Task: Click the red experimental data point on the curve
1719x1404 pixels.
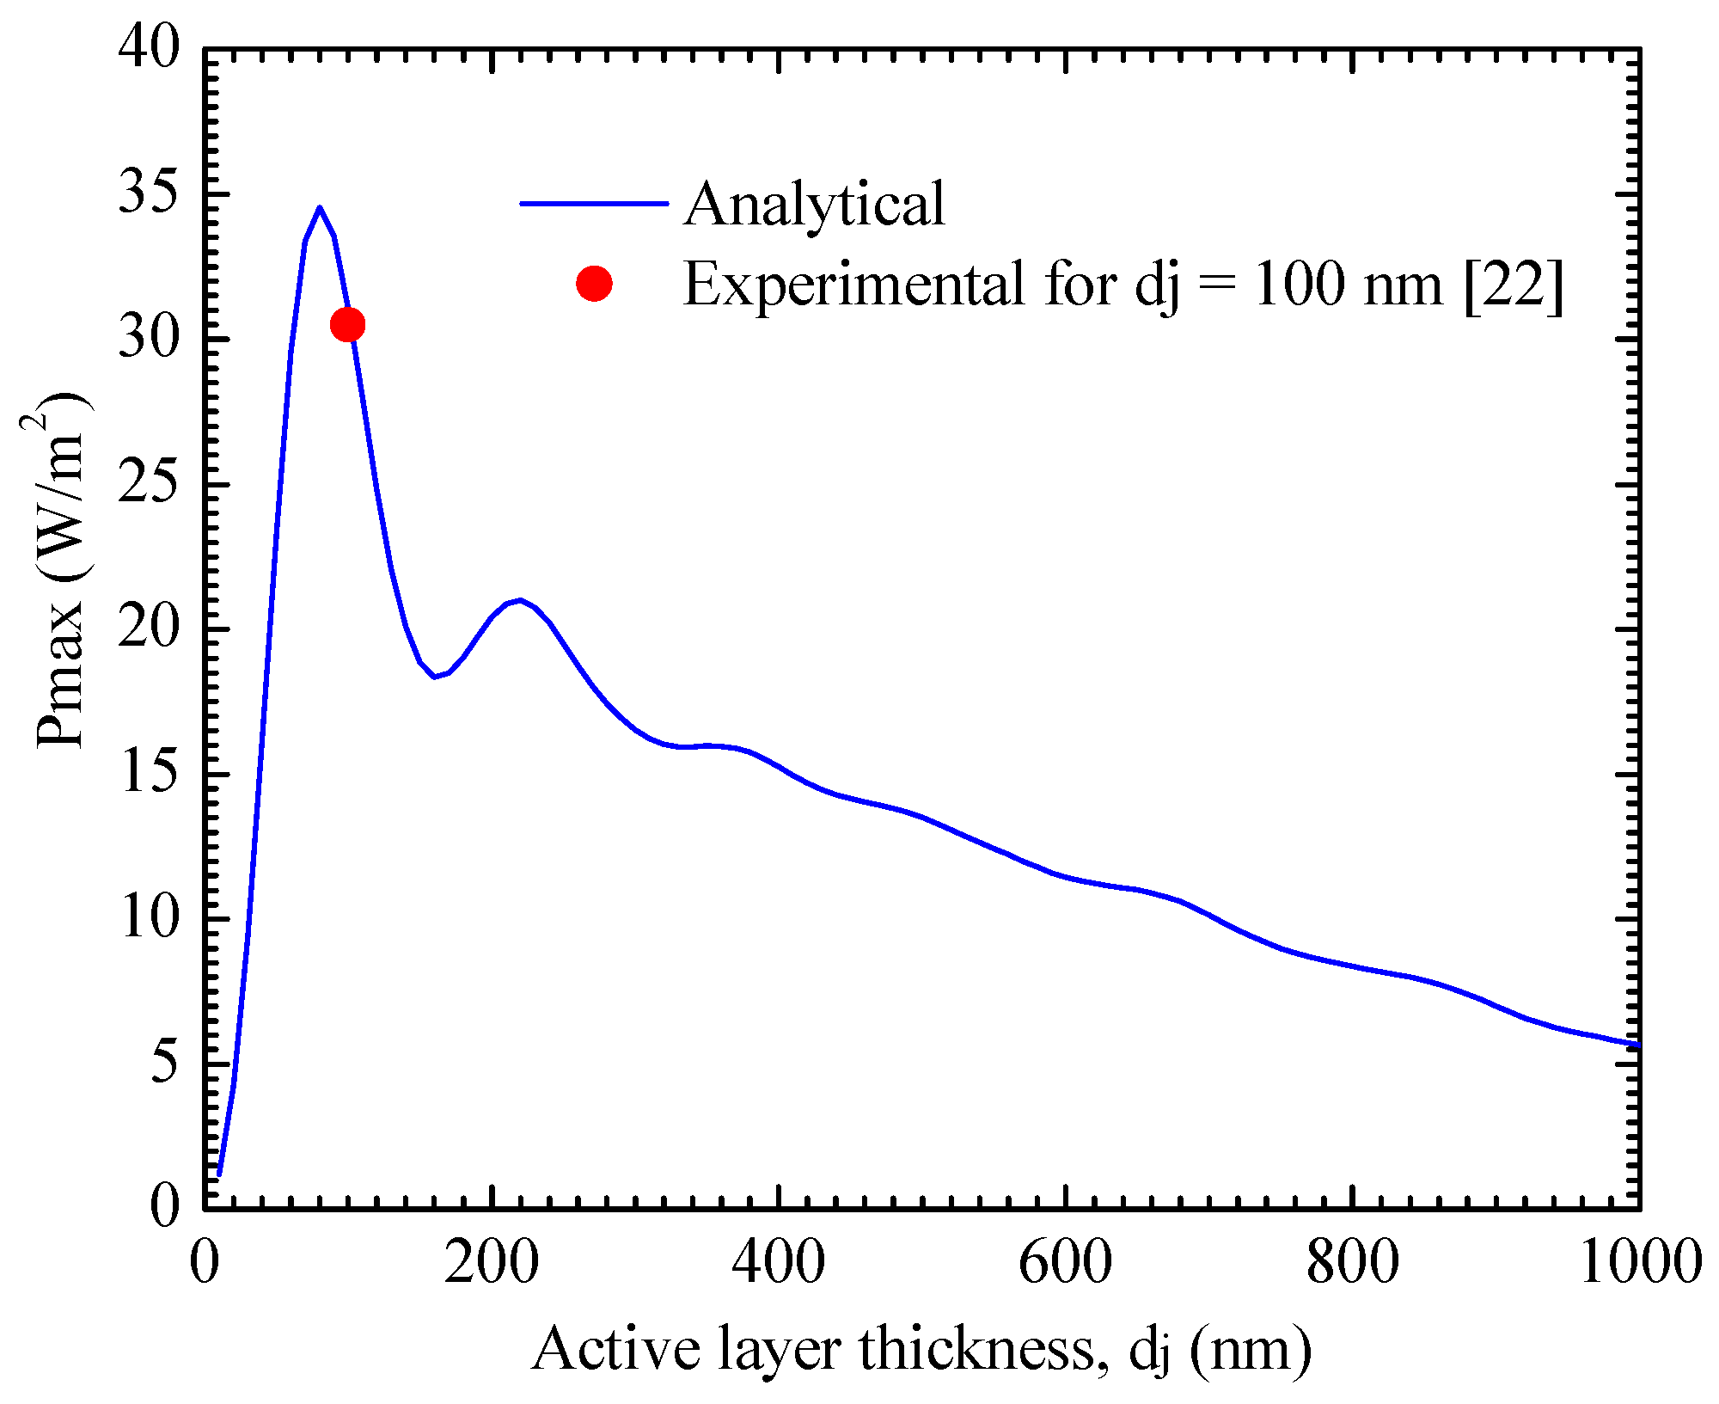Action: click(x=347, y=324)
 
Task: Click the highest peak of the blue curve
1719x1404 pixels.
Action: click(x=320, y=208)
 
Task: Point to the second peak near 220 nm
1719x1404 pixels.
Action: click(x=520, y=600)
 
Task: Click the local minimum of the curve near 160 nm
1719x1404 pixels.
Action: click(x=435, y=677)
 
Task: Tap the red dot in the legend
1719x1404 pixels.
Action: click(x=594, y=283)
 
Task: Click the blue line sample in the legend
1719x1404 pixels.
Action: click(x=594, y=204)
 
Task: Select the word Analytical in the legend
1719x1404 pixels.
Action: click(x=814, y=205)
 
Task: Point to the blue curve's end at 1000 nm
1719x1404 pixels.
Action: click(x=1638, y=1045)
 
